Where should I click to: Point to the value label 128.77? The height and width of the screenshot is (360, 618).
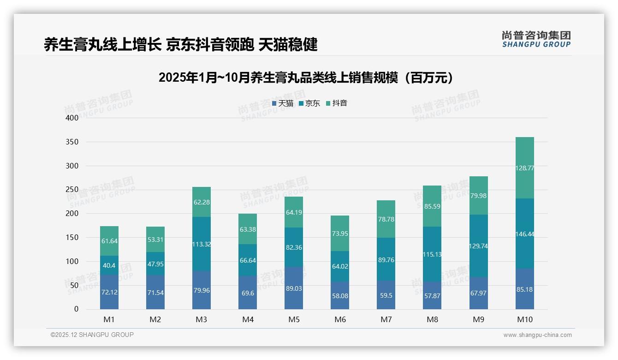(524, 168)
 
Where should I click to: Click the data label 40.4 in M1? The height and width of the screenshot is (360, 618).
(109, 265)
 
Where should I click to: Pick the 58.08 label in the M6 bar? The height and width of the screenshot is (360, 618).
(340, 296)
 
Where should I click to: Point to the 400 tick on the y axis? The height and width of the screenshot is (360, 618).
(72, 118)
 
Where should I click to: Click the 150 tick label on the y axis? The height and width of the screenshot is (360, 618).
(72, 238)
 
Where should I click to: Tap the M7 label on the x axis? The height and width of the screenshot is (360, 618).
(386, 319)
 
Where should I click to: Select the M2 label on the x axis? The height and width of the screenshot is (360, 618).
(155, 319)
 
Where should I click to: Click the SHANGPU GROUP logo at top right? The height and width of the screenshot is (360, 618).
(536, 39)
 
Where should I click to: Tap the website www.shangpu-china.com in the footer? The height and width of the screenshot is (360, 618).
(537, 335)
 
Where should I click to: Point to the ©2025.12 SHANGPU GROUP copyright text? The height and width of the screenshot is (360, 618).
(92, 335)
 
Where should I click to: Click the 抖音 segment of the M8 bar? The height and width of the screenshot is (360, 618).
(432, 206)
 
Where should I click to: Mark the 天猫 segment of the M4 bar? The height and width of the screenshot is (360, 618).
(248, 293)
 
